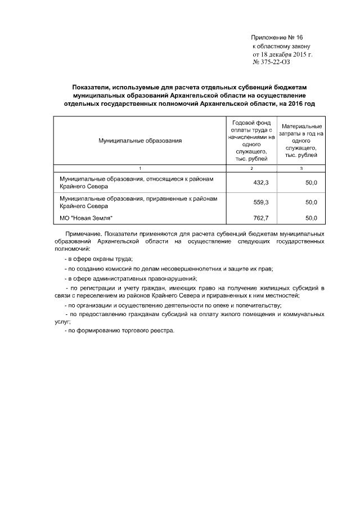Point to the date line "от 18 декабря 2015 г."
click(282, 54)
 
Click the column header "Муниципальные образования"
click(140, 141)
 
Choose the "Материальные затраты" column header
click(301, 141)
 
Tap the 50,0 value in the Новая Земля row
click(311, 217)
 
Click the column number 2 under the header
click(251, 169)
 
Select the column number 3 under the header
click(301, 169)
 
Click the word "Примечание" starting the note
click(83, 233)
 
